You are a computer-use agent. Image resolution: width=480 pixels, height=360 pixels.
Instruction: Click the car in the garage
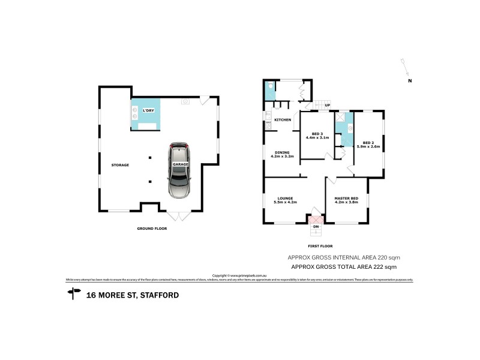pos(179,171)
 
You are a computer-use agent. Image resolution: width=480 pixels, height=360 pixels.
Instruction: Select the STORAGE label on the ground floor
pos(120,165)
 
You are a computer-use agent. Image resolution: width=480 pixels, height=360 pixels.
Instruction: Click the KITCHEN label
pos(283,120)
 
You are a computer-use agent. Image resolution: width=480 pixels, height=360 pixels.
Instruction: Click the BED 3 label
pos(317,133)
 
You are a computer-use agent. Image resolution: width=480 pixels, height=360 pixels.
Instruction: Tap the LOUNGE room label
pos(284,199)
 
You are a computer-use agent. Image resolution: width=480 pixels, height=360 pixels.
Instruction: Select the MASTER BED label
pos(346,199)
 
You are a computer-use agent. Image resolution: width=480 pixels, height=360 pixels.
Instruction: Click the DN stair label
pos(316,226)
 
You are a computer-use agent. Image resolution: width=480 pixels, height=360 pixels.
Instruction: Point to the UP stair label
pos(327,106)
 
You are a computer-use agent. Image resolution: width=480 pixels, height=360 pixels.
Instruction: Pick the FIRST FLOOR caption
pos(320,246)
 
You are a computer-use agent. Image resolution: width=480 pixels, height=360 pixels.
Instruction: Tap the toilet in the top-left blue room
pos(271,86)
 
